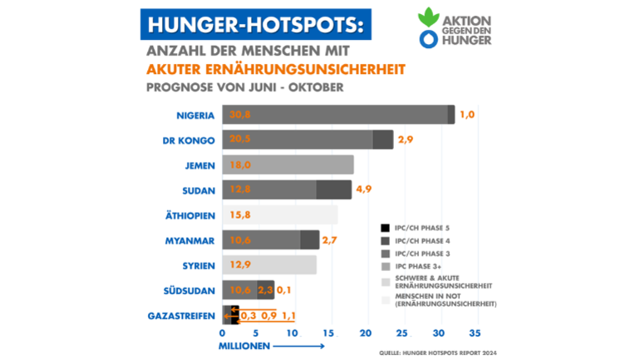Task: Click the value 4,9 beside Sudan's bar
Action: pyautogui.click(x=363, y=190)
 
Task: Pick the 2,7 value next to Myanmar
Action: pyautogui.click(x=330, y=240)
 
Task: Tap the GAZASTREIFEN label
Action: pyautogui.click(x=183, y=316)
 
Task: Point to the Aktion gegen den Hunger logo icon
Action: pyautogui.click(x=428, y=29)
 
